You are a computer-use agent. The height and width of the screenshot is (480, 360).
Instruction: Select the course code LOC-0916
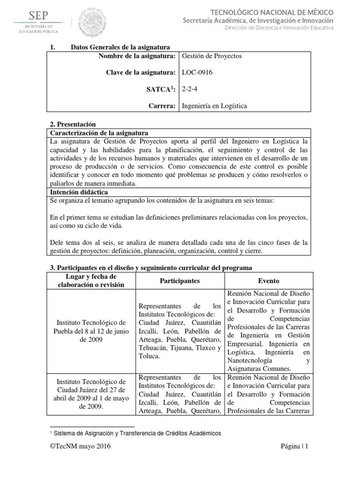[x=198, y=72]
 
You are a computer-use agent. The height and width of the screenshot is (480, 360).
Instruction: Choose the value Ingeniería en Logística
[x=214, y=106]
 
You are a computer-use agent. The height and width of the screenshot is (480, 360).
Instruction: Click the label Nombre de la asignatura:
[x=137, y=56]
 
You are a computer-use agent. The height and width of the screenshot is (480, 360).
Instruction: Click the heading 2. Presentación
[x=73, y=124]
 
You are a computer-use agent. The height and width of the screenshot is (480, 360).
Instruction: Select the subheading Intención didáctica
[x=79, y=192]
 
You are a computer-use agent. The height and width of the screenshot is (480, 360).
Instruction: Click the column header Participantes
[x=180, y=281]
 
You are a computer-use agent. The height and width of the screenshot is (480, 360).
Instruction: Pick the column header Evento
[x=269, y=281]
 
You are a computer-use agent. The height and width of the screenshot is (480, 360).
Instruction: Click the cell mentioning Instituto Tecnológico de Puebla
[x=91, y=331]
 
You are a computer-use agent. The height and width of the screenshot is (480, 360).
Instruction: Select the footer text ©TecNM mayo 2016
[x=80, y=447]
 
